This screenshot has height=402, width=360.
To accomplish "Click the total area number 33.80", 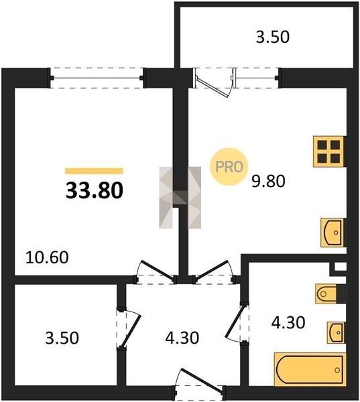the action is click(x=95, y=191).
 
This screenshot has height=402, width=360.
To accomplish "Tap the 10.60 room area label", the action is click(x=47, y=257).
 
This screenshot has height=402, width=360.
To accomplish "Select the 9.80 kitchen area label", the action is click(x=268, y=181).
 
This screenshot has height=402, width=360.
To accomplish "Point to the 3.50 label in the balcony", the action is click(x=273, y=37).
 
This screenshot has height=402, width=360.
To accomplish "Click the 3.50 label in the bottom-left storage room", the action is click(x=62, y=338).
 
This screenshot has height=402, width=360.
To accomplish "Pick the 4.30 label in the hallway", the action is click(x=182, y=338).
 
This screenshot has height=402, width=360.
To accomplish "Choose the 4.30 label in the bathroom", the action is click(x=288, y=322).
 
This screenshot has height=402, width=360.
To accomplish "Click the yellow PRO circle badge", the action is click(x=229, y=167).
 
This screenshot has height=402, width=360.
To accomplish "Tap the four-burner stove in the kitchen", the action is click(x=329, y=151).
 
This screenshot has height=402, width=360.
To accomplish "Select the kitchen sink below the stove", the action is click(x=333, y=232).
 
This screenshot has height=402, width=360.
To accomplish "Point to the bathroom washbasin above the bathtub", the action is click(x=335, y=332).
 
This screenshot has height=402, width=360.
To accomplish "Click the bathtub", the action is click(x=310, y=370).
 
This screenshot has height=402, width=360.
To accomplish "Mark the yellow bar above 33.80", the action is click(x=94, y=171).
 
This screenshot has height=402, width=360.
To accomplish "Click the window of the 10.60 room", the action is click(x=97, y=78).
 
